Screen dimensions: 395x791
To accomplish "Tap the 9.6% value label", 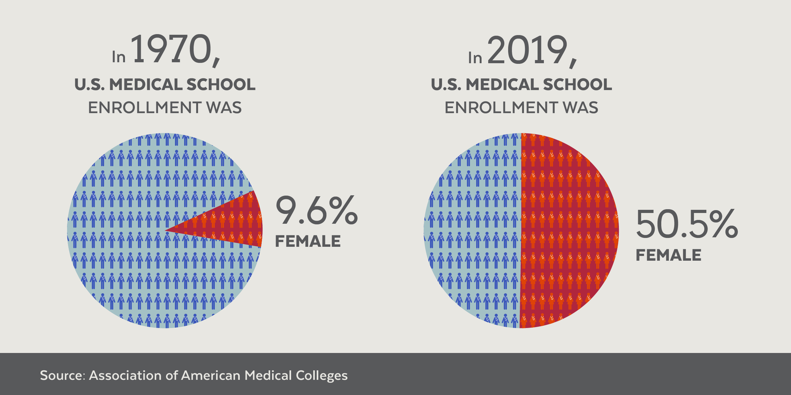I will click(317, 210).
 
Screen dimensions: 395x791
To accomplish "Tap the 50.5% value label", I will click(687, 224).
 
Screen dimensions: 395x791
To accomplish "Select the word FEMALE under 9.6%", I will click(308, 241).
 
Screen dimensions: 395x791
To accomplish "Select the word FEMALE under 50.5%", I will click(669, 255).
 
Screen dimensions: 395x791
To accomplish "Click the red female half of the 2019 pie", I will click(570, 231).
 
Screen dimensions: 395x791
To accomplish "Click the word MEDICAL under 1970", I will click(146, 85).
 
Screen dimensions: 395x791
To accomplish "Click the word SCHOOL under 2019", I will click(577, 85).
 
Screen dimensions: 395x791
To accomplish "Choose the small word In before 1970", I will click(119, 57).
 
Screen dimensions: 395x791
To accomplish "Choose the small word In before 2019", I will click(475, 58).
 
